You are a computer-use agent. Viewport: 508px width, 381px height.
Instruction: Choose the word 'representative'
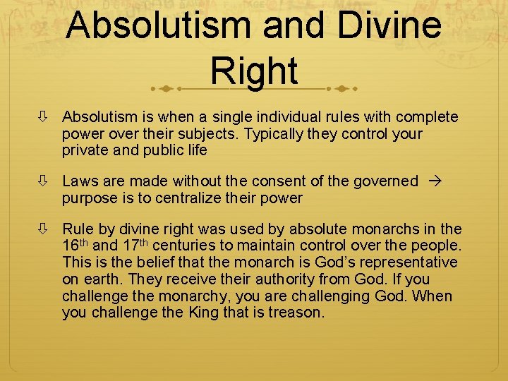coord(411,262)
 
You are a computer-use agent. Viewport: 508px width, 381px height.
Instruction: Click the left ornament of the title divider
coord(164,89)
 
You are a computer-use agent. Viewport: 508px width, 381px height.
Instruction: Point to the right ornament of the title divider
coord(343,89)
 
